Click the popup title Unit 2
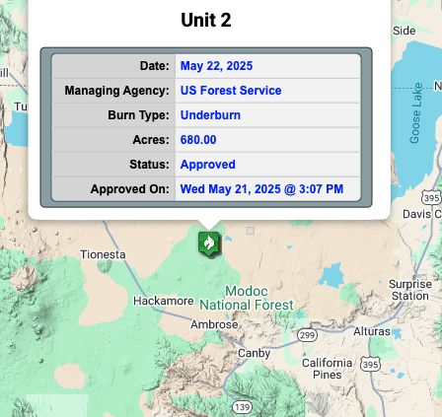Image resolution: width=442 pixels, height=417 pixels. tap(206, 20)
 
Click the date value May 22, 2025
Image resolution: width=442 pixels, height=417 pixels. tap(216, 66)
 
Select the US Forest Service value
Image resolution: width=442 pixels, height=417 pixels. tap(230, 91)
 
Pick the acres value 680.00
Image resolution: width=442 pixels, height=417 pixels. tap(198, 140)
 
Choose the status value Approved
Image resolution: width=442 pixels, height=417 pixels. tap(207, 165)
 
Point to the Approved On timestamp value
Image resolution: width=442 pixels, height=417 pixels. tap(261, 189)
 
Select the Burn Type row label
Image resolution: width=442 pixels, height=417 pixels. tap(138, 115)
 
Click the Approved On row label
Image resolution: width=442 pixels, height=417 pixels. tap(129, 189)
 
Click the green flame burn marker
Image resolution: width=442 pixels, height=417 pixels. tap(209, 243)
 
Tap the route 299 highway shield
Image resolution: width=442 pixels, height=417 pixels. tap(307, 335)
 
